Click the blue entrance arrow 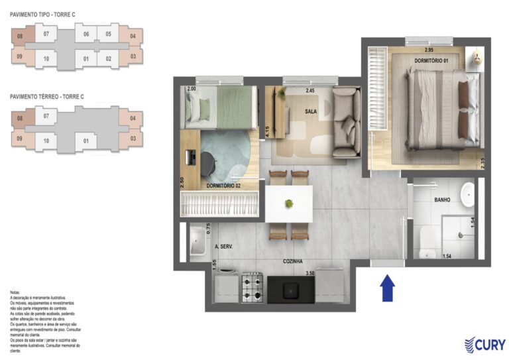coord(388,288)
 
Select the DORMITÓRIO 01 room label coord(431,61)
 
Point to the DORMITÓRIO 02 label coord(223,186)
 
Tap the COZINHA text coord(293,262)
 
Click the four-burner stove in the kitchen coord(253,288)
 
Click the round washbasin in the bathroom coord(468,194)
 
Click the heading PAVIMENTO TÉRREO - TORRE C coord(46,97)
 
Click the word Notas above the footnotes coord(15,292)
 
